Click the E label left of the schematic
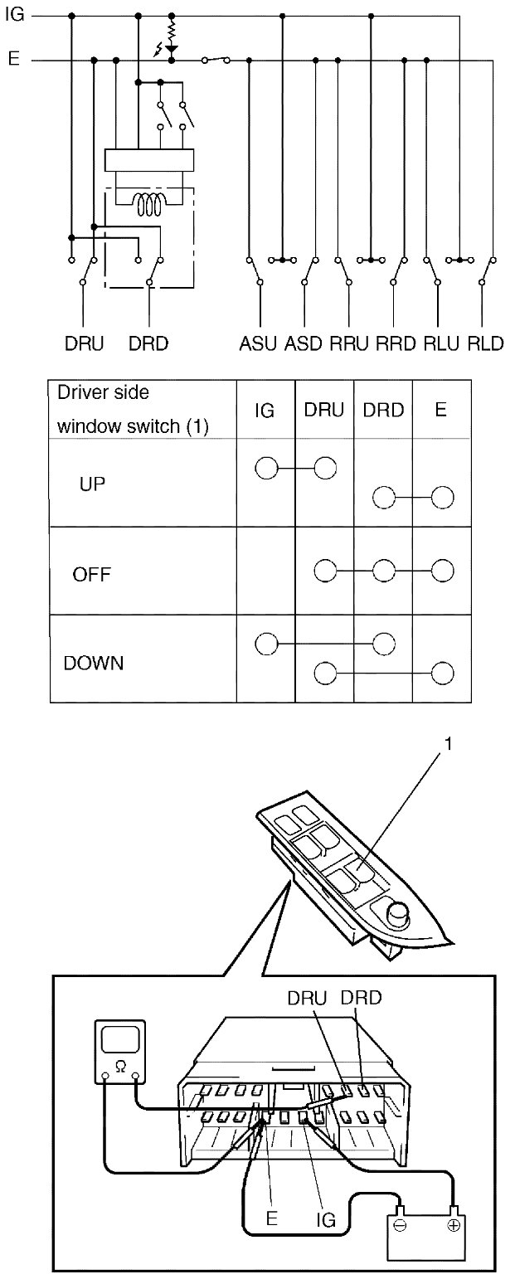pyautogui.click(x=13, y=60)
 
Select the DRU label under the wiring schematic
pyautogui.click(x=85, y=343)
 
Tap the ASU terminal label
pyautogui.click(x=258, y=343)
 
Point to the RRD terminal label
pyautogui.click(x=396, y=343)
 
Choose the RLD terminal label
pyautogui.click(x=485, y=343)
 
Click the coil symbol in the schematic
pyautogui.click(x=149, y=205)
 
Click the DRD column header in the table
pyautogui.click(x=382, y=411)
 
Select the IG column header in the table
pyautogui.click(x=265, y=411)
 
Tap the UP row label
pyautogui.click(x=92, y=484)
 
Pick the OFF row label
pyautogui.click(x=92, y=574)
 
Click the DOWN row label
pyautogui.click(x=94, y=664)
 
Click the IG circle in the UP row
pyautogui.click(x=265, y=469)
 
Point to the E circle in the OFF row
pyautogui.click(x=443, y=571)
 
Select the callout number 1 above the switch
pyautogui.click(x=449, y=744)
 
